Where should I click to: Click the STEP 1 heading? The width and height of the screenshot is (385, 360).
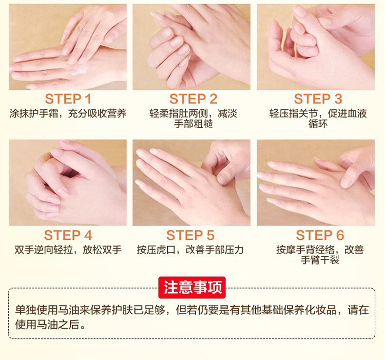(x=68, y=99)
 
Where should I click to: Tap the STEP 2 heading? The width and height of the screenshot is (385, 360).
(x=193, y=99)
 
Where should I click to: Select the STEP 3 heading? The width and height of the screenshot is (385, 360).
(x=318, y=99)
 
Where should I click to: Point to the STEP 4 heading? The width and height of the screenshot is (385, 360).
(x=68, y=235)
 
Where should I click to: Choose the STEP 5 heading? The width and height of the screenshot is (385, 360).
(x=190, y=235)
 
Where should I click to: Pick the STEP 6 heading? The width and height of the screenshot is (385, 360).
(x=320, y=235)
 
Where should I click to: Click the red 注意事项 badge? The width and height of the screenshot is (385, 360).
(x=192, y=288)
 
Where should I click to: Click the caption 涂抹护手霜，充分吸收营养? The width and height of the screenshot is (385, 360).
(x=68, y=113)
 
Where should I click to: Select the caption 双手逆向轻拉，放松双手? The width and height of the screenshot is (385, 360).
(x=68, y=250)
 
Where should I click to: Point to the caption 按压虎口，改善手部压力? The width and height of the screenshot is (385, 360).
(x=190, y=250)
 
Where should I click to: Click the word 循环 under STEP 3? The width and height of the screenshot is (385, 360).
(x=318, y=124)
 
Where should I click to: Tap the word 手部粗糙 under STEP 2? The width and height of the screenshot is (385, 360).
(x=193, y=124)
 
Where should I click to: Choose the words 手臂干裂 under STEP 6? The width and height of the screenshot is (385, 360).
(x=320, y=260)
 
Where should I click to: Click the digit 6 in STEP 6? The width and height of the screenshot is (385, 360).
(x=340, y=235)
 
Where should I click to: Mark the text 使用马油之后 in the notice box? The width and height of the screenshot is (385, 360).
(x=47, y=324)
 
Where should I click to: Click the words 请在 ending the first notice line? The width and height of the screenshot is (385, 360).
(x=358, y=310)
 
